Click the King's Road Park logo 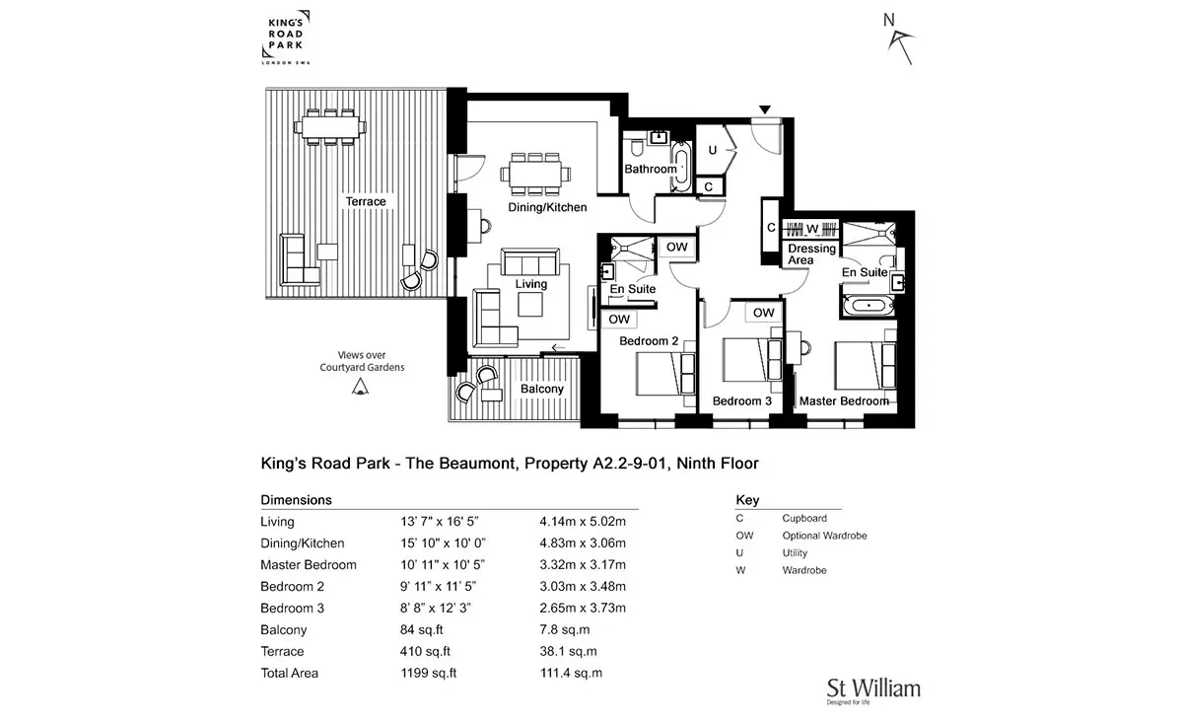[x=286, y=37]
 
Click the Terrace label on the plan [x=366, y=201]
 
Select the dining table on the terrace [x=330, y=127]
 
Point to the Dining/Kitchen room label [x=547, y=207]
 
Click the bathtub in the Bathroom [x=681, y=166]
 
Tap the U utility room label [x=713, y=150]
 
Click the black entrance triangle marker [x=765, y=109]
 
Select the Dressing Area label [x=811, y=254]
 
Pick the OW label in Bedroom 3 [x=763, y=313]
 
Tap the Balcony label [x=542, y=389]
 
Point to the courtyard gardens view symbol [x=360, y=388]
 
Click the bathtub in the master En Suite [x=869, y=306]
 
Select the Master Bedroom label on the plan [x=844, y=401]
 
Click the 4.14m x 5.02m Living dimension [x=583, y=522]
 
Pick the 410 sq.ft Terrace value [x=425, y=652]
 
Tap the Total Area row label [x=290, y=674]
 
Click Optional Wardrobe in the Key [x=824, y=536]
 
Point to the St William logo [x=873, y=690]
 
